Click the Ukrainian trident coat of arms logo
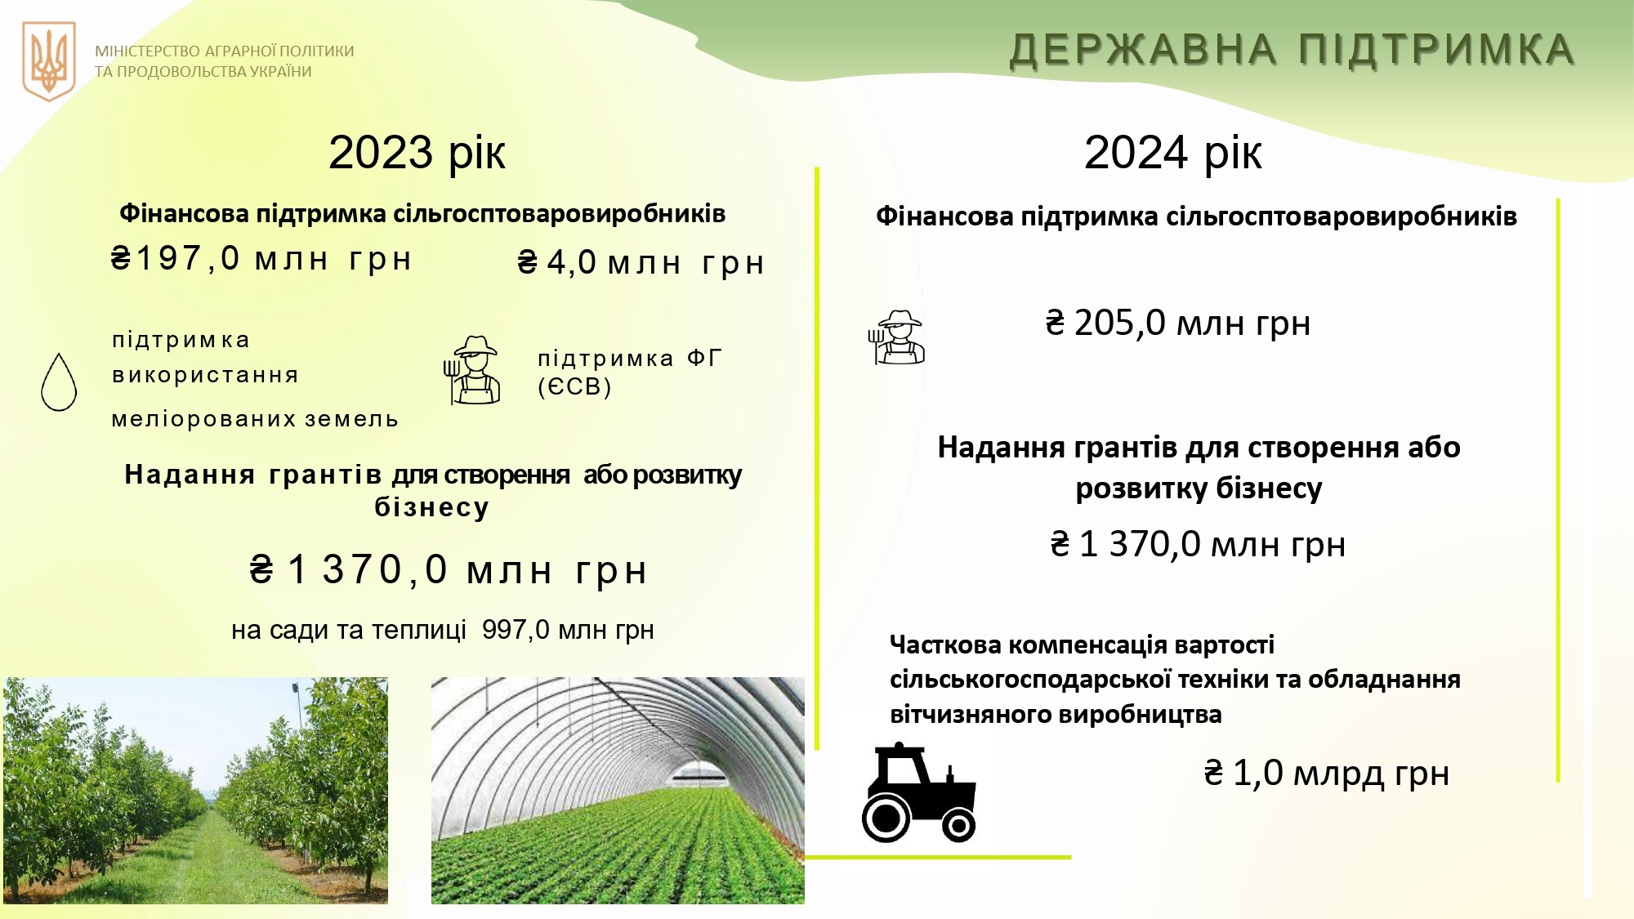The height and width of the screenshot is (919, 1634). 49,61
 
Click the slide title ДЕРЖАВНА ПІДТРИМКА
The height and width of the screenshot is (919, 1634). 1292,50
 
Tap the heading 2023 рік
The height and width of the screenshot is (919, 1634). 417,153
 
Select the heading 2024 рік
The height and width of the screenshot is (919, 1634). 1172,153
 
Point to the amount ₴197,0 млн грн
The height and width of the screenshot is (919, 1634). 261,259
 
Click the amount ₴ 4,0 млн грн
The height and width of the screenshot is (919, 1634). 641,263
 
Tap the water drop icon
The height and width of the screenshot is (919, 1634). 59,381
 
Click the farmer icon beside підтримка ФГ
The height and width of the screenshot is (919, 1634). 472,370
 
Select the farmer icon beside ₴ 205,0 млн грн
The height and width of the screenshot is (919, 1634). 896,337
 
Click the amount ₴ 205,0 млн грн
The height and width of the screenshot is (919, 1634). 1177,323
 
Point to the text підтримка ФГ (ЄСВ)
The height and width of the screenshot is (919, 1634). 629,373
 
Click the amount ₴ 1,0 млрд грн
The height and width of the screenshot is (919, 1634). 1326,773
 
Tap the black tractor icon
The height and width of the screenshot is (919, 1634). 919,792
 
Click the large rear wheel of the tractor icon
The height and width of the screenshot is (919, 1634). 886,817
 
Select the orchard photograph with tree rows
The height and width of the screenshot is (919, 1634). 196,790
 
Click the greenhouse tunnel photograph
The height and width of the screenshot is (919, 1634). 618,790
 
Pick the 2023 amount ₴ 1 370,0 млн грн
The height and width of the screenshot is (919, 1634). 449,570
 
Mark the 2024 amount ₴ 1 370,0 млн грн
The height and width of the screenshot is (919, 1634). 1198,545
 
